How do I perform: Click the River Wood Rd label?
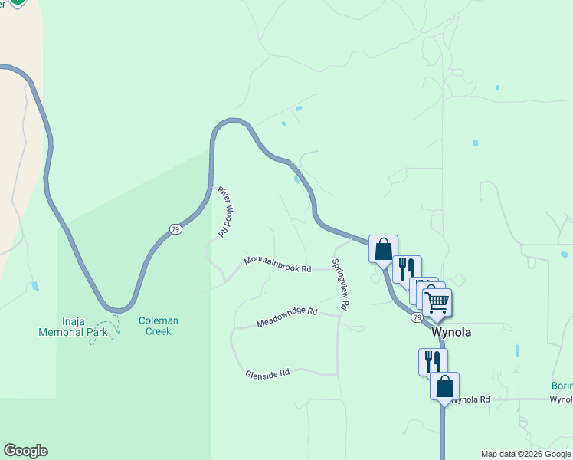coord(224,211)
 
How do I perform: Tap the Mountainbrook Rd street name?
coord(277,264)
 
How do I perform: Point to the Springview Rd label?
coord(340,284)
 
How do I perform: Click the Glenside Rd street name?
coord(267,373)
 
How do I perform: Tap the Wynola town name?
coord(451,333)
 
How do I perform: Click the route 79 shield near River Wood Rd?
coord(175,229)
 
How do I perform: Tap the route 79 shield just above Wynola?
coord(416,317)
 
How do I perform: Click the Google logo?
coord(25,451)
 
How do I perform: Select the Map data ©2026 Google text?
coord(526,454)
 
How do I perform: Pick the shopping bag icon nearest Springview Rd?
coord(383,249)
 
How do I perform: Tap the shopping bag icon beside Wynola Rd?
coord(444,386)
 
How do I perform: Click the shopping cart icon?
coord(437,302)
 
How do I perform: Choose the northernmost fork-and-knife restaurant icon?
coord(407,269)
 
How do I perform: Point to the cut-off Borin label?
coord(562,386)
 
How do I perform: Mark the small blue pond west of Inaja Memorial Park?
coord(35,287)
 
